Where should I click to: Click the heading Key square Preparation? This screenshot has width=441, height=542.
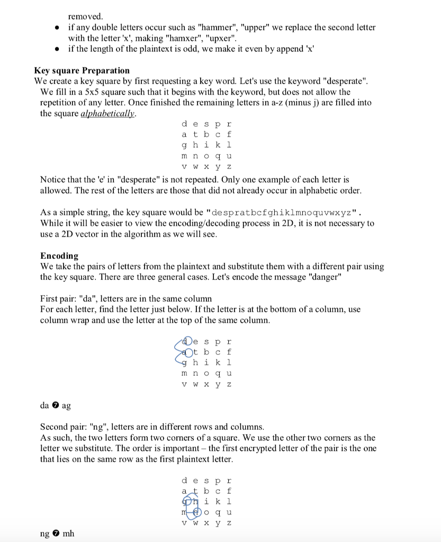click(x=82, y=70)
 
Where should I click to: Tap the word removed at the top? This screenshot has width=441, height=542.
click(x=85, y=16)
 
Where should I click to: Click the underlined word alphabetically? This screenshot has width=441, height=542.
click(x=107, y=113)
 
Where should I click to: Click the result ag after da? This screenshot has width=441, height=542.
click(x=66, y=405)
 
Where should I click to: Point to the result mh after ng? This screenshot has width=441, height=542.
click(x=69, y=534)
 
